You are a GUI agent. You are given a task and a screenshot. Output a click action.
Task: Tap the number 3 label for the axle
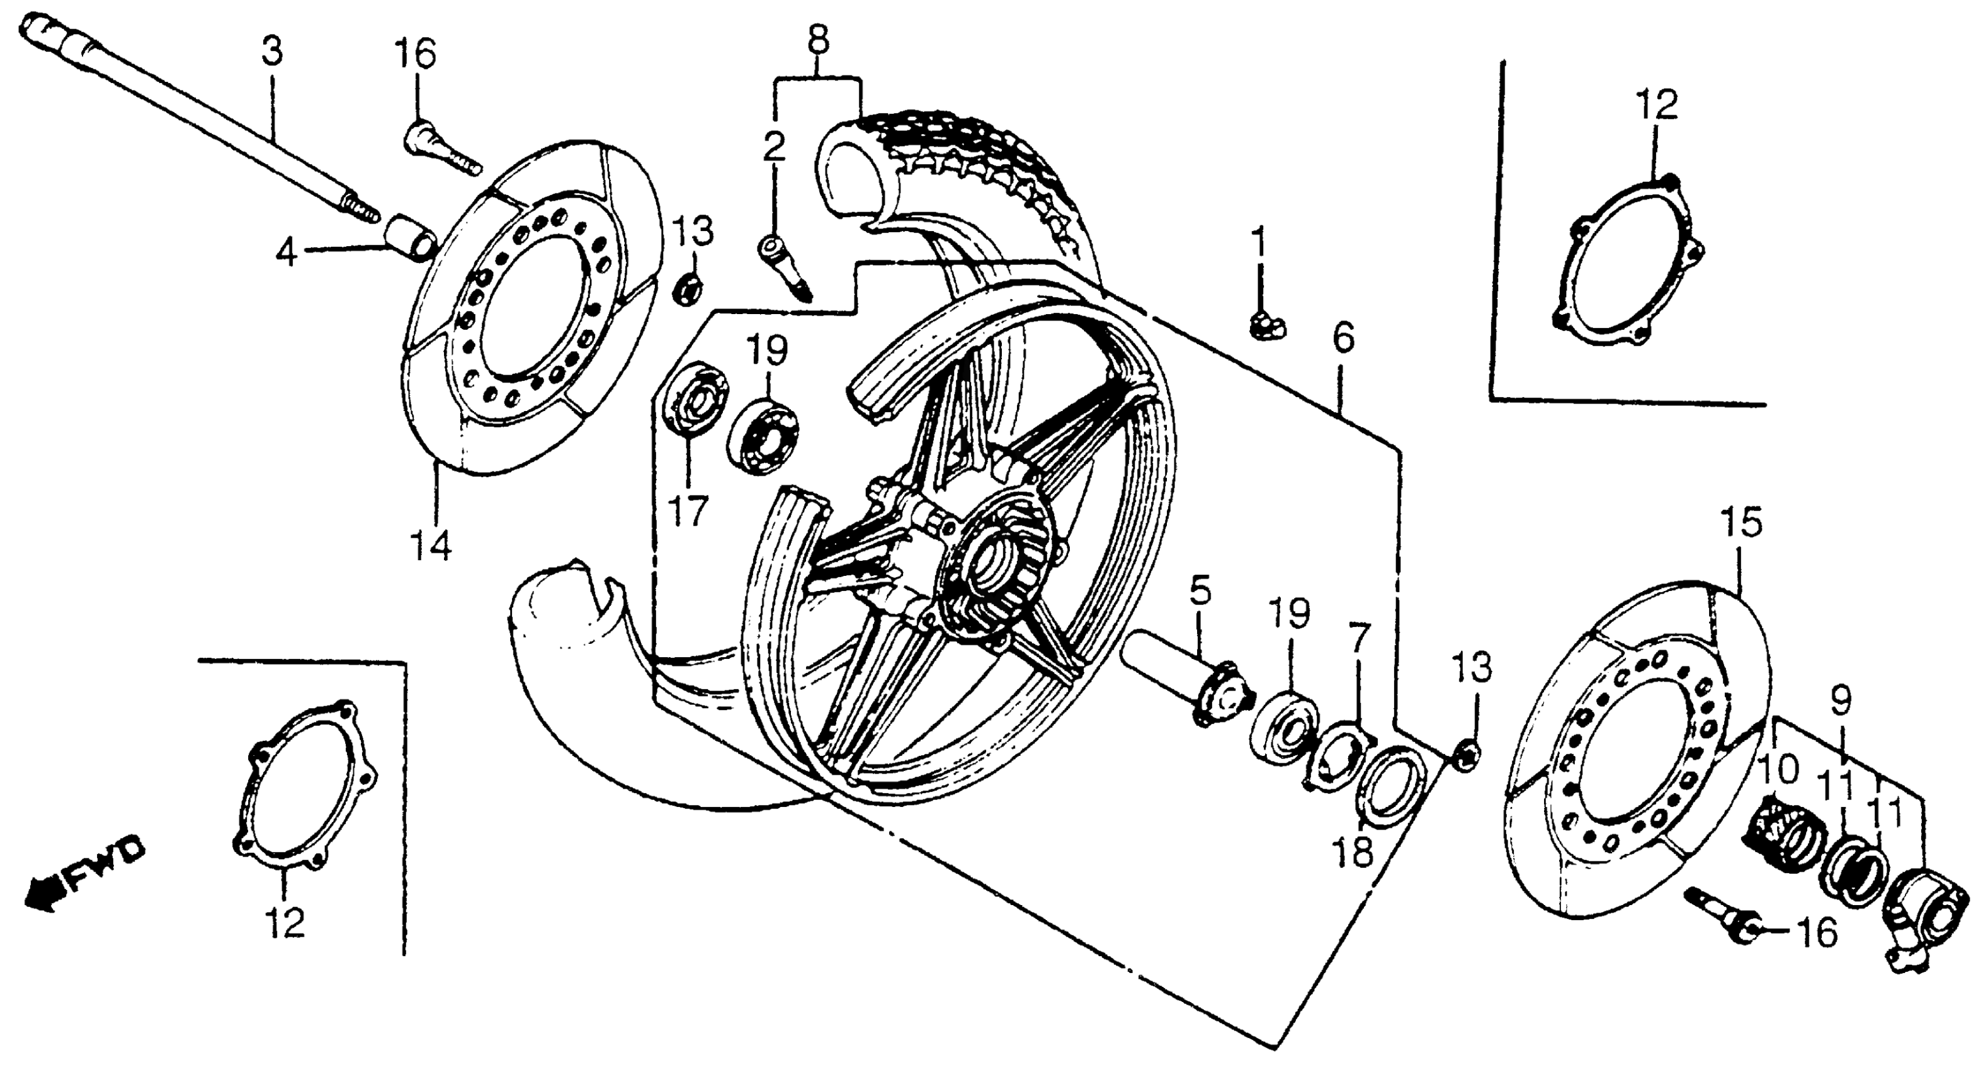coord(271,52)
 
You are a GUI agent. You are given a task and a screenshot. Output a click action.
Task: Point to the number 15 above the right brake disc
coord(1741,524)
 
